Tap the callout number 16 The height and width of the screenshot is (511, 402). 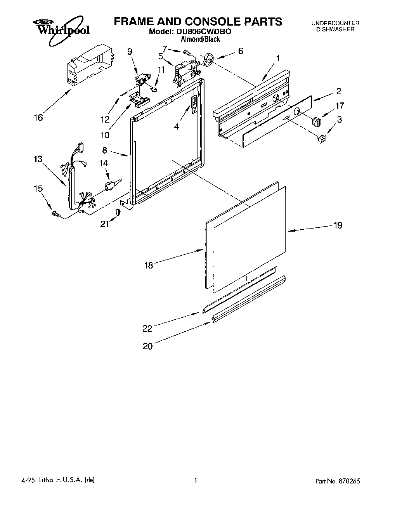tap(38, 117)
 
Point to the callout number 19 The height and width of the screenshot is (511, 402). tap(338, 225)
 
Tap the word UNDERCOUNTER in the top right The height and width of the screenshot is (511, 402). tap(335, 23)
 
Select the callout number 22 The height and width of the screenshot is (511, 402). tap(147, 328)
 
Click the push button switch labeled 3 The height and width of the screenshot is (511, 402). tap(321, 138)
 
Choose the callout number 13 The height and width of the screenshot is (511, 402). tap(38, 159)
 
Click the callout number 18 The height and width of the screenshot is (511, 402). tap(149, 265)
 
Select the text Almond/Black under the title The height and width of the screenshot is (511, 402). tap(201, 39)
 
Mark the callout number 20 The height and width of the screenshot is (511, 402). tap(148, 346)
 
